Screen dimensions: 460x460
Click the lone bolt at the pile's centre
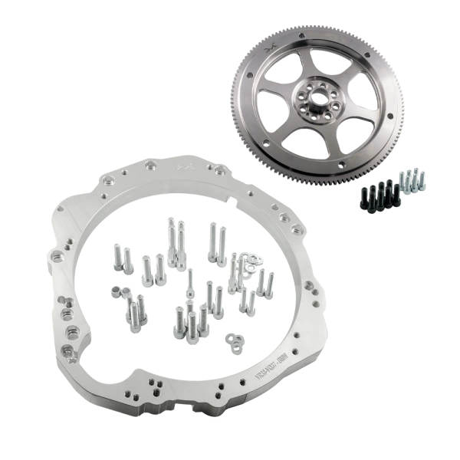tap(189, 280)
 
